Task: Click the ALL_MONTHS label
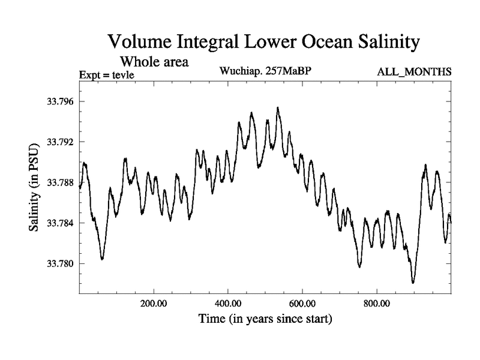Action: (414, 72)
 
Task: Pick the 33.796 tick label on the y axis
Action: (58, 101)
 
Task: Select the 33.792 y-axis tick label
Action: (58, 142)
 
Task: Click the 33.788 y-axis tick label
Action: (58, 182)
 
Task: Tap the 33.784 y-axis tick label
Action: (58, 223)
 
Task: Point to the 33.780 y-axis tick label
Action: (58, 263)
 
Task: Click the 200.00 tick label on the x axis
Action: (154, 304)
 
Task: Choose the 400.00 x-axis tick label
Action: (228, 304)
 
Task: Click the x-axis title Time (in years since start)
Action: (265, 318)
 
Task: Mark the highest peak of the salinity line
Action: (278, 108)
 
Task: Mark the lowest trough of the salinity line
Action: (413, 282)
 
